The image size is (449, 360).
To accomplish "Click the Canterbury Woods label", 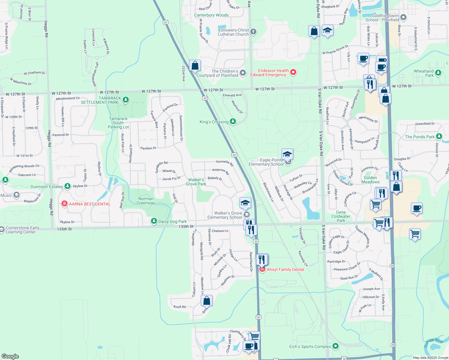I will (x=211, y=15).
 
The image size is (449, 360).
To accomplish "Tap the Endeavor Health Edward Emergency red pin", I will (x=293, y=72).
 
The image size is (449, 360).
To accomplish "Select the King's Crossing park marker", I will (x=233, y=121).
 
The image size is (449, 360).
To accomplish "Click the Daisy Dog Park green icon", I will (x=154, y=221).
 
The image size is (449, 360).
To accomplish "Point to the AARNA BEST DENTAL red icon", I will (x=64, y=204).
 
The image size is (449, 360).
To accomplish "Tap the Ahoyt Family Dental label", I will (x=285, y=269).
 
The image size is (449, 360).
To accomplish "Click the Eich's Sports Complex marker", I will (x=336, y=346).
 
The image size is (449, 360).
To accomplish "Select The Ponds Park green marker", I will (x=439, y=136).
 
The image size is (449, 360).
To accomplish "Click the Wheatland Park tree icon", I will (x=438, y=73).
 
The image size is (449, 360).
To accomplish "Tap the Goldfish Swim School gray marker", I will (x=403, y=18).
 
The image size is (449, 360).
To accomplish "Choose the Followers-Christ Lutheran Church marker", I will (x=253, y=32).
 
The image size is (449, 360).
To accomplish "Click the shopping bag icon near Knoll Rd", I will (x=206, y=300).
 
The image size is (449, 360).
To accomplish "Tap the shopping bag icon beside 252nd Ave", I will (x=195, y=65).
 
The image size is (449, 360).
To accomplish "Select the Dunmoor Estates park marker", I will (x=68, y=186).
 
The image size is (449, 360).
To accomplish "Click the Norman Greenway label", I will (x=146, y=201).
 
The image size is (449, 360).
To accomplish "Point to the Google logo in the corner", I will (x=10, y=356).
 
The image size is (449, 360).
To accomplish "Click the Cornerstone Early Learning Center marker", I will (x=2, y=228).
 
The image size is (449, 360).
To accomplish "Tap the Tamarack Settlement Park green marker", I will (x=126, y=100).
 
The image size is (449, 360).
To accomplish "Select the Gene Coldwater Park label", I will (x=341, y=216).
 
